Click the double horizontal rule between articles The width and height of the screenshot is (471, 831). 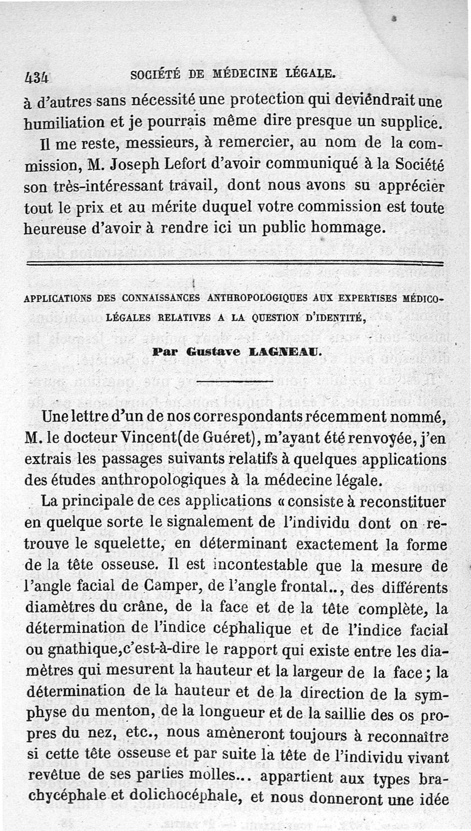click(235, 263)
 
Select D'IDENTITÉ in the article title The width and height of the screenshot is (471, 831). click(332, 318)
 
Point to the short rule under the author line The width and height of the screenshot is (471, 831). click(235, 382)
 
